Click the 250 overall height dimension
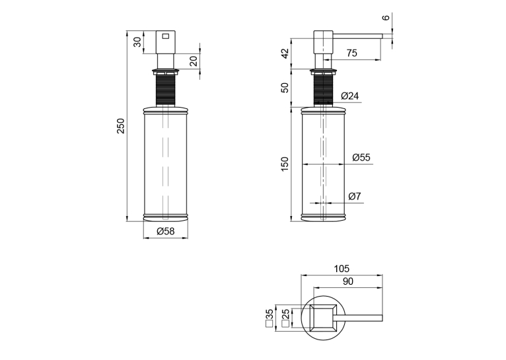(120, 126)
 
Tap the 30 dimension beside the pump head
(138, 42)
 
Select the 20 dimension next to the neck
(194, 61)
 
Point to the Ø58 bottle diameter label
(166, 231)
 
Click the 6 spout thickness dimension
(386, 17)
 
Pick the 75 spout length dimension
(351, 54)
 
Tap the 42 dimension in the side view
(285, 54)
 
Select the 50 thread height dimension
(285, 87)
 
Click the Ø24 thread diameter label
(350, 96)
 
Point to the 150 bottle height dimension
(285, 164)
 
